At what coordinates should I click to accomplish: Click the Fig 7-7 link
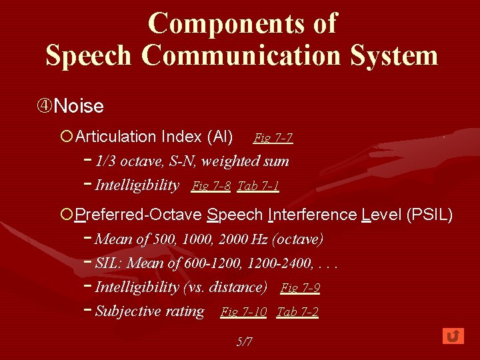click(x=273, y=138)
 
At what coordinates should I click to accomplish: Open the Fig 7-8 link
click(x=211, y=186)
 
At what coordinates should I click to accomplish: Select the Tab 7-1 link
click(x=257, y=186)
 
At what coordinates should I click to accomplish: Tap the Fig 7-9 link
click(x=300, y=288)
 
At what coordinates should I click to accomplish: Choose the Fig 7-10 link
click(x=243, y=312)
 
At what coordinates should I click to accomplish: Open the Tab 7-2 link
click(x=297, y=312)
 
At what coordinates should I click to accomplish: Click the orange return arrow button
click(x=453, y=336)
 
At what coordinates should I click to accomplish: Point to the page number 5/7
click(x=245, y=342)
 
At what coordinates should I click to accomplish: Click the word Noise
click(x=79, y=106)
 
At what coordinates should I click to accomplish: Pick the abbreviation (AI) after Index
click(x=220, y=137)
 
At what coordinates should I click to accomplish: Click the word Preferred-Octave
click(x=139, y=215)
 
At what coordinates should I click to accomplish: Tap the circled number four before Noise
click(x=44, y=106)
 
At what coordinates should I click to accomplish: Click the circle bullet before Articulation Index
click(x=66, y=137)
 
